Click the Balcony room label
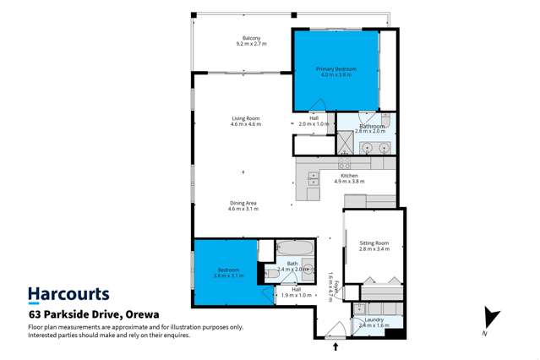point(251,41)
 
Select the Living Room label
point(245,121)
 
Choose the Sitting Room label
point(372,247)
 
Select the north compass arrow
point(485,319)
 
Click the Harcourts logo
point(68,295)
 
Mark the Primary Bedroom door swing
point(319,105)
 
